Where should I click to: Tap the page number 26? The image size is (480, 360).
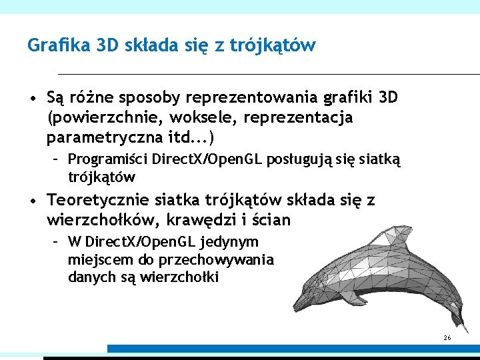coord(447,339)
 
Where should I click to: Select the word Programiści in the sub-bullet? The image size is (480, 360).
coord(108,160)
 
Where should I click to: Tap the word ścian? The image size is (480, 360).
coord(272,219)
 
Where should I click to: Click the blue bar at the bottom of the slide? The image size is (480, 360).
coord(293,349)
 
